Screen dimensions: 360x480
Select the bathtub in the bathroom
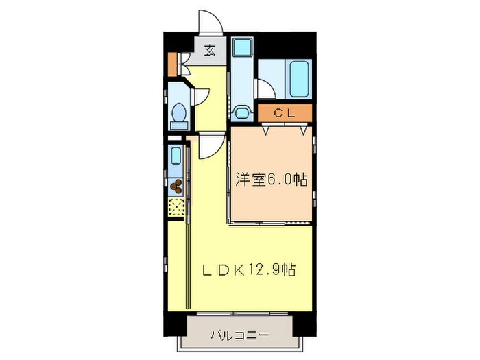[300, 80]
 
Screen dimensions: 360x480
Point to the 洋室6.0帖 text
[271, 180]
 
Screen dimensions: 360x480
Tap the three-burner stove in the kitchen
[177, 184]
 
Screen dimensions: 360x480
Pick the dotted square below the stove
[177, 206]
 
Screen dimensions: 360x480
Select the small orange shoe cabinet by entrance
[172, 63]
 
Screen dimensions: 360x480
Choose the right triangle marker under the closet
[304, 128]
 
